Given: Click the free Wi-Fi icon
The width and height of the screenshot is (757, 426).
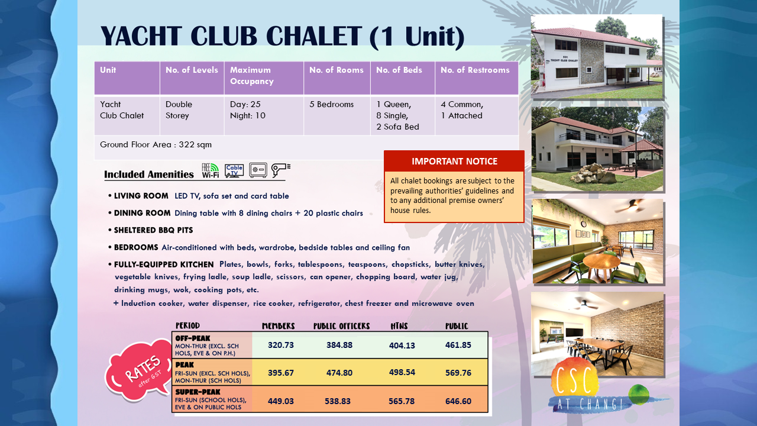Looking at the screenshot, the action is point(210,170).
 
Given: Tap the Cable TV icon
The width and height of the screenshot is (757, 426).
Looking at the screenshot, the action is point(234,171).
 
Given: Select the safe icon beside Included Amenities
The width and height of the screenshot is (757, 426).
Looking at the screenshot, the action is point(258,170).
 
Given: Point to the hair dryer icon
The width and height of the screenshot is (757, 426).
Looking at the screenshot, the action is point(280,170).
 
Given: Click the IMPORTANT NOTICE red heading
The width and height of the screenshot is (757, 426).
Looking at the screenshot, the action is point(454,162).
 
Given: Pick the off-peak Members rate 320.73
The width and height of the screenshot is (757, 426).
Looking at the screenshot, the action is point(281,345).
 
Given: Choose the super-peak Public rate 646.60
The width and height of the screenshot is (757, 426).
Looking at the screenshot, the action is point(458,401).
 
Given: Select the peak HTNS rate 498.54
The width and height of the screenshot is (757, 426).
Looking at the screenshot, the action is point(402,372).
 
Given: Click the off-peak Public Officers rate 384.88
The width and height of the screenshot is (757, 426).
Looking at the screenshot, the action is point(339,345).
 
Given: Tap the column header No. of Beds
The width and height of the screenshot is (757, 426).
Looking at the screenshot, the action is point(399,70).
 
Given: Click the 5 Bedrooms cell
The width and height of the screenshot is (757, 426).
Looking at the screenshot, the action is point(332,105).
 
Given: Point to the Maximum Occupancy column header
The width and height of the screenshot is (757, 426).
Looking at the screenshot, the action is point(252,75).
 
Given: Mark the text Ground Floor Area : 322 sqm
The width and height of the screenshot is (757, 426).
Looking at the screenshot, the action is point(156,145).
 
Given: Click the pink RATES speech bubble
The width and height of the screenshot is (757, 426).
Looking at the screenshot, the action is point(139,371).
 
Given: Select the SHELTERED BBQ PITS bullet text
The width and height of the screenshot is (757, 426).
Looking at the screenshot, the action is point(153,230).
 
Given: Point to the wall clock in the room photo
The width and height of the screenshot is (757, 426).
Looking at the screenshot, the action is point(584,224).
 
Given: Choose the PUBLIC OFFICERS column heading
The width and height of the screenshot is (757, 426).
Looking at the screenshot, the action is point(341,326).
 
